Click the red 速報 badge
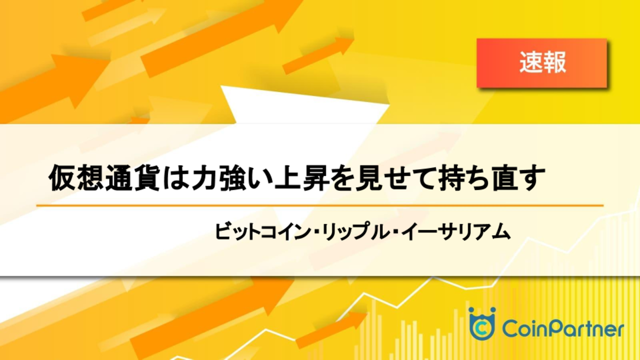542,63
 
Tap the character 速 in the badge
530,62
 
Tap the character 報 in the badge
554,62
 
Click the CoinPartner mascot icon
482,323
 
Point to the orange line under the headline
320,205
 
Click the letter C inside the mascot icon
482,329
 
